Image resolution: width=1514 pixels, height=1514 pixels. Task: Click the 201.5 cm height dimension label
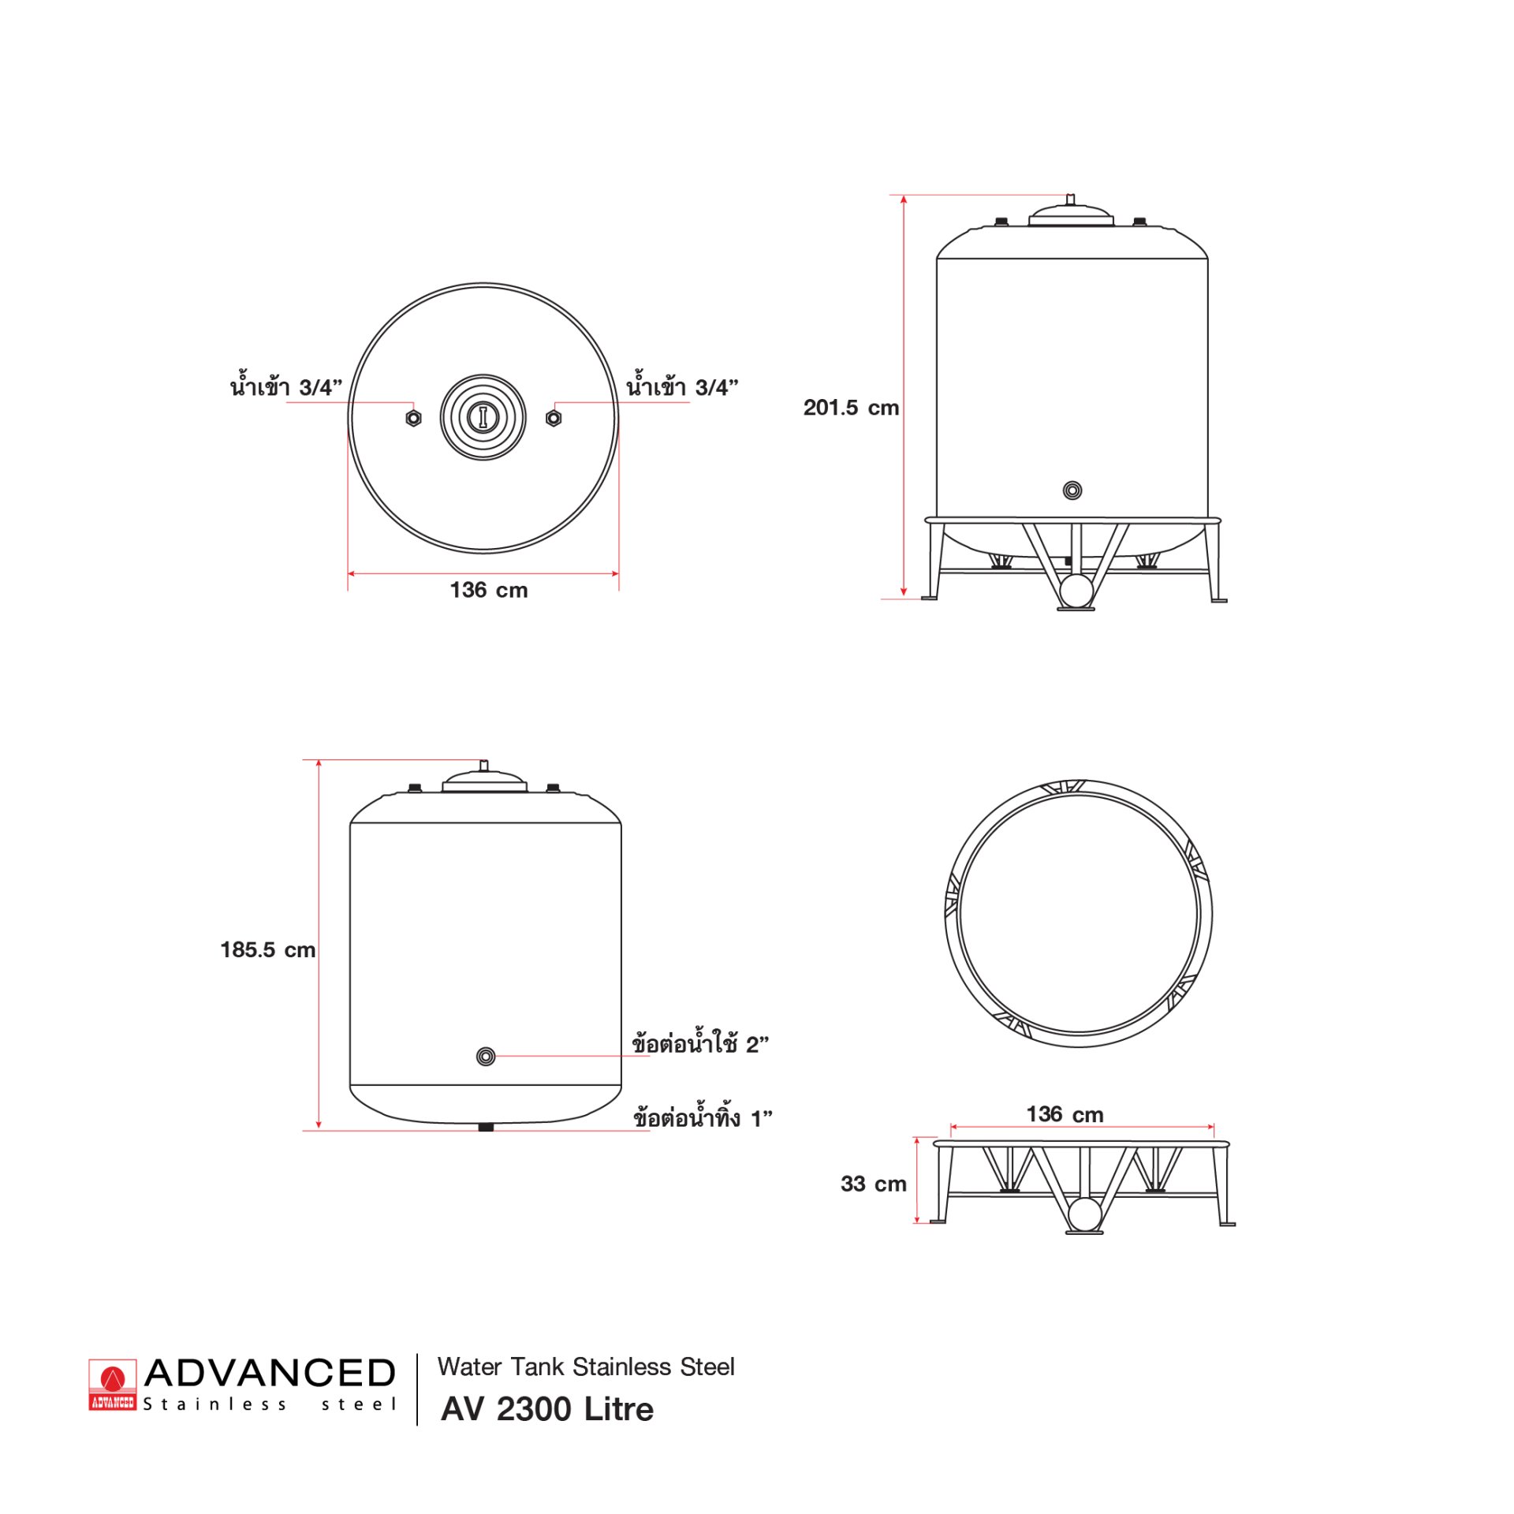point(851,408)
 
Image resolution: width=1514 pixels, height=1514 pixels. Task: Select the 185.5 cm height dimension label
point(268,949)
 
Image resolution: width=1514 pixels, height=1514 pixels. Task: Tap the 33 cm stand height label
point(874,1184)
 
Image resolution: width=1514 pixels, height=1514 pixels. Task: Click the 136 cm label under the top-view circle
point(489,590)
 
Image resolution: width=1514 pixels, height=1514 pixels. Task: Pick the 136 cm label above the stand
point(1065,1114)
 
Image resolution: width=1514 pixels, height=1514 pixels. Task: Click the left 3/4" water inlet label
point(286,386)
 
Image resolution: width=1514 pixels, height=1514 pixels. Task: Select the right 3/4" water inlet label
point(682,386)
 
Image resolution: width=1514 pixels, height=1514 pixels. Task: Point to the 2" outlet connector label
point(700,1042)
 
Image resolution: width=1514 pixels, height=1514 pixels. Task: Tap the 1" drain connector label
point(703,1117)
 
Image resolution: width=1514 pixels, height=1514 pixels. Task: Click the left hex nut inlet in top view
point(413,418)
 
